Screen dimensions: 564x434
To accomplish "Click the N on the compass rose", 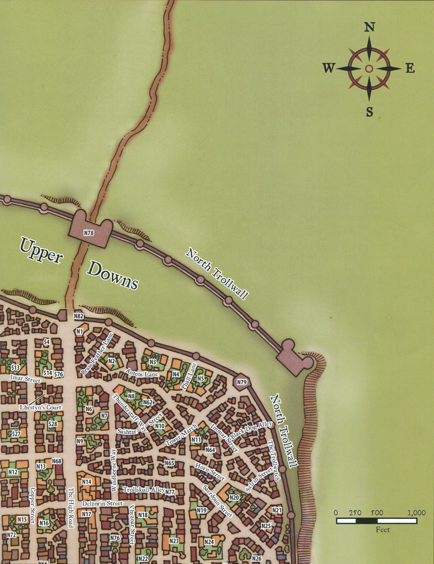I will tap(369, 27).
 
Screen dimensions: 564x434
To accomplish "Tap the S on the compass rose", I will tap(369, 111).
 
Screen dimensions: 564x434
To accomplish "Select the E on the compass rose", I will tap(410, 69).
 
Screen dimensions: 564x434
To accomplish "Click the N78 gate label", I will tap(89, 232).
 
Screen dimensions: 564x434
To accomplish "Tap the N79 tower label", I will tap(242, 382).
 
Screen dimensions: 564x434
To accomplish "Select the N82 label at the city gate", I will tap(78, 316).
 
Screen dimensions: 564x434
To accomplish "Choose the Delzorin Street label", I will tap(102, 503).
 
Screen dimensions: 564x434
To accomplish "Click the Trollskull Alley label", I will tap(143, 490).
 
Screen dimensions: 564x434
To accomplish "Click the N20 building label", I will tap(234, 497).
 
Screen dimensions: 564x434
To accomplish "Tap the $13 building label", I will tap(15, 368).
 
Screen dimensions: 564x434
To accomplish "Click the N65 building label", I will tap(170, 463).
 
